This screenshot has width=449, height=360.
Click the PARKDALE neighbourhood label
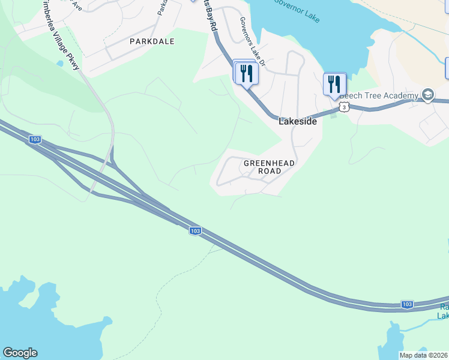pos(152,41)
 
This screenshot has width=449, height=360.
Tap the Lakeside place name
pos(297,121)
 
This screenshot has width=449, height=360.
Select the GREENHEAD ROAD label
pos(262,167)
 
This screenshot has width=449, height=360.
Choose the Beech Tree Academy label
pos(378,96)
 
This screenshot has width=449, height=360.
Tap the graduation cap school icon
pos(427,95)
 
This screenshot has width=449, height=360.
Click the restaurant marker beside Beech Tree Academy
pos(334,84)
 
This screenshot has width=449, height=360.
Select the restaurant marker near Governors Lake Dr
pos(246,73)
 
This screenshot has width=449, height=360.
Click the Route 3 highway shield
pos(343,106)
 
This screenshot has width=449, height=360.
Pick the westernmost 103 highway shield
pos(35,140)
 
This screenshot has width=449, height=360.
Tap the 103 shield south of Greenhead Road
pos(194,231)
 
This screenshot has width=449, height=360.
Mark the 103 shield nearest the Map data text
pos(407,304)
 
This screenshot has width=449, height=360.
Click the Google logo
pos(20,353)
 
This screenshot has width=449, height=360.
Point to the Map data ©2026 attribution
pos(424,355)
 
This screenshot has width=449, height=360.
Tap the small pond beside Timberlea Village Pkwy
pos(59,63)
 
